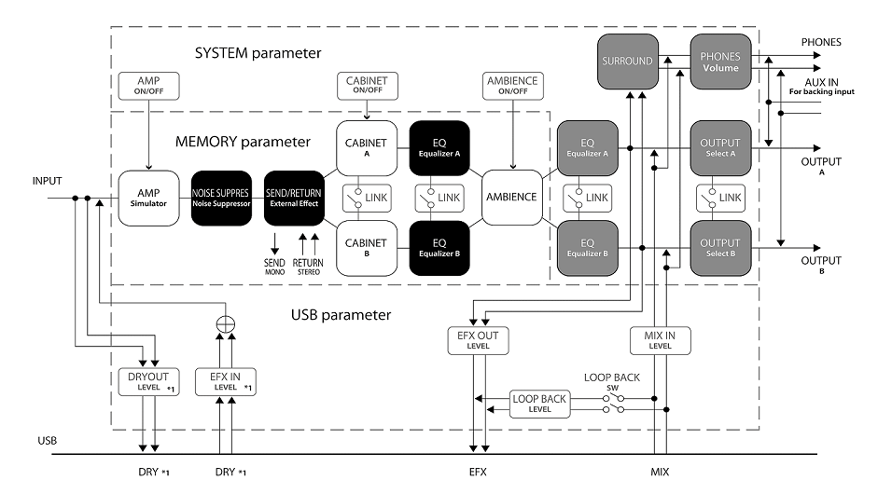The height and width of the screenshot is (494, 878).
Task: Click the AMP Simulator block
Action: tap(147, 197)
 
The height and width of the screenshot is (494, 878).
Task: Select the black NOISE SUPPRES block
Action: tap(222, 197)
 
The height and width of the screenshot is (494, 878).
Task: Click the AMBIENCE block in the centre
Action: tap(511, 197)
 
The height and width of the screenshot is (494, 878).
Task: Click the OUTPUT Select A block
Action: tap(719, 147)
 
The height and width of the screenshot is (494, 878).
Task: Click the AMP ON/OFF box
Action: tap(147, 87)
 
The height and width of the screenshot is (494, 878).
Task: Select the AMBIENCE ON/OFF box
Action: tap(513, 87)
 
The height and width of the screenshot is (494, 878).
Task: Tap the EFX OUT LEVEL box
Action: tap(479, 340)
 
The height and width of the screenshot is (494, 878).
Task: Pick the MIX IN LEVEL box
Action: tap(660, 340)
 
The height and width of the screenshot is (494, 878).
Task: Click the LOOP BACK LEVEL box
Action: tap(539, 404)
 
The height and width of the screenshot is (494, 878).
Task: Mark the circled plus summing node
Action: tap(225, 323)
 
